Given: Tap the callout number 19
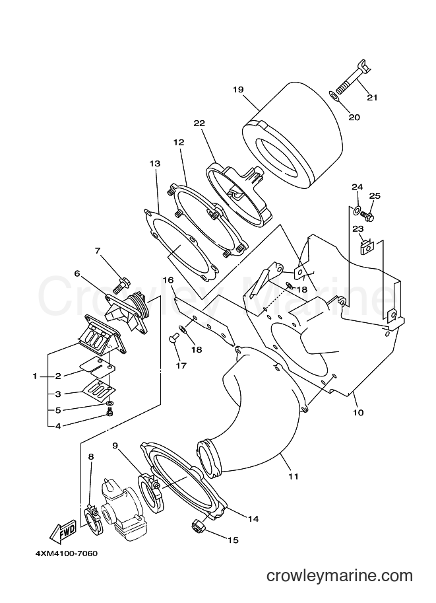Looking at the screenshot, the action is pyautogui.click(x=238, y=90).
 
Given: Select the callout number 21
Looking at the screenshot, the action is pyautogui.click(x=372, y=97).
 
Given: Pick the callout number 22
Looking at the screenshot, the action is pyautogui.click(x=199, y=123).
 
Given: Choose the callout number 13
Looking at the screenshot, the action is pyautogui.click(x=155, y=163).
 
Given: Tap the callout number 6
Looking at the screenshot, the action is pyautogui.click(x=77, y=273).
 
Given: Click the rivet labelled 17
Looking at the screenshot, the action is pyautogui.click(x=173, y=339).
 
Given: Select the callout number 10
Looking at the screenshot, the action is pyautogui.click(x=358, y=413).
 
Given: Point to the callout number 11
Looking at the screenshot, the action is pyautogui.click(x=294, y=476).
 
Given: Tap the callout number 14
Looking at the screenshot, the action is pyautogui.click(x=253, y=518).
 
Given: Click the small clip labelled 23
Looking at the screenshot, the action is pyautogui.click(x=367, y=246).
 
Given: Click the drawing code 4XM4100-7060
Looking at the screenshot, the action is pyautogui.click(x=67, y=553).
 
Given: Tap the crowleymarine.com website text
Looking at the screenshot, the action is pyautogui.click(x=340, y=576).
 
